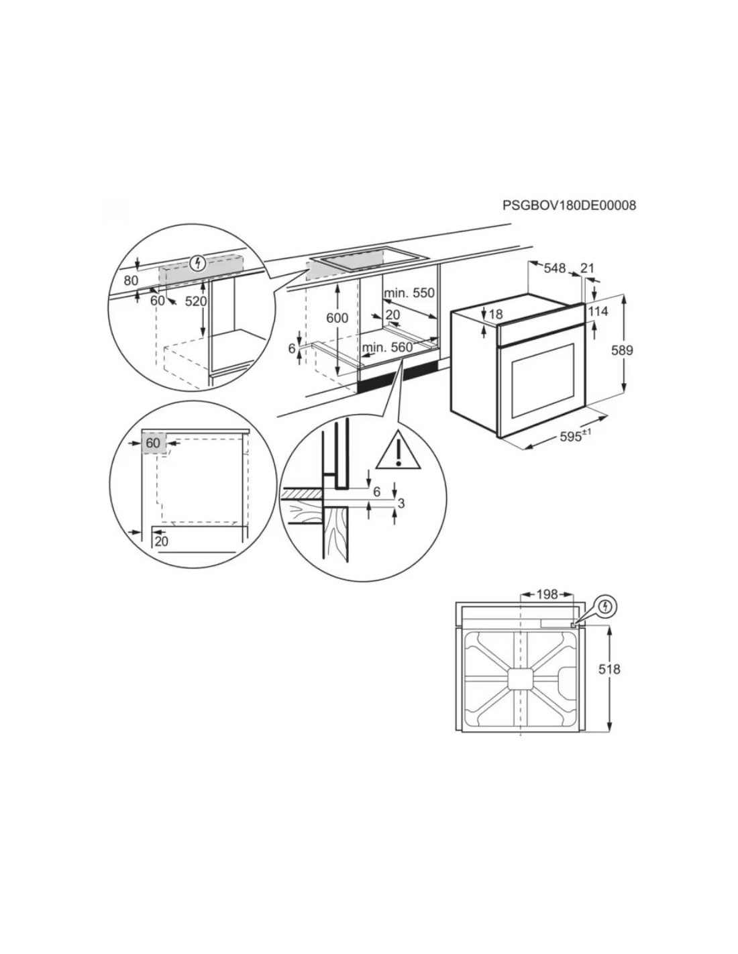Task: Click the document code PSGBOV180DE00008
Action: (x=569, y=205)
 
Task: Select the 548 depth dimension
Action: (x=555, y=268)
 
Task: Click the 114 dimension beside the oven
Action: (x=598, y=311)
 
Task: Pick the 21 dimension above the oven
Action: (x=587, y=268)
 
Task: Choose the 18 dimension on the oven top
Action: (x=494, y=314)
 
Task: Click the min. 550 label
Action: (x=409, y=293)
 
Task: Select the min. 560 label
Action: (x=388, y=348)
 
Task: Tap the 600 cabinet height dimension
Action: (x=337, y=317)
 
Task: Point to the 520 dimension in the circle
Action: (x=195, y=301)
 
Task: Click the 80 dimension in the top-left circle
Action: (x=131, y=280)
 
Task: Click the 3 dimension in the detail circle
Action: (x=400, y=503)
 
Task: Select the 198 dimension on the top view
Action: (x=547, y=594)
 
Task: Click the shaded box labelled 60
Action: (x=153, y=443)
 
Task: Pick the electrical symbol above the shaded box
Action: (x=199, y=263)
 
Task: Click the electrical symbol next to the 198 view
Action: (x=606, y=607)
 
